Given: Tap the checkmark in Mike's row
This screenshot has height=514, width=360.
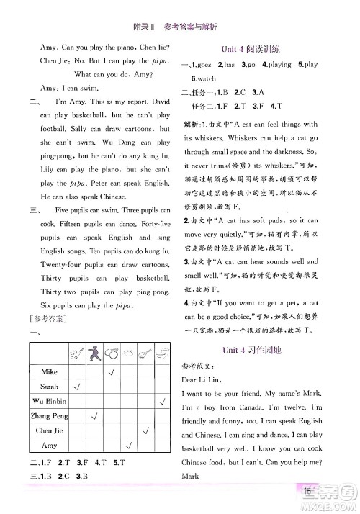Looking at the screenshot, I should point(112,372).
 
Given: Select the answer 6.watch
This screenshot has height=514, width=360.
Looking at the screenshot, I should point(206,78).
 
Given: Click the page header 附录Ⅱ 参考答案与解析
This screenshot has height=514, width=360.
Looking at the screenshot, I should point(179,10).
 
